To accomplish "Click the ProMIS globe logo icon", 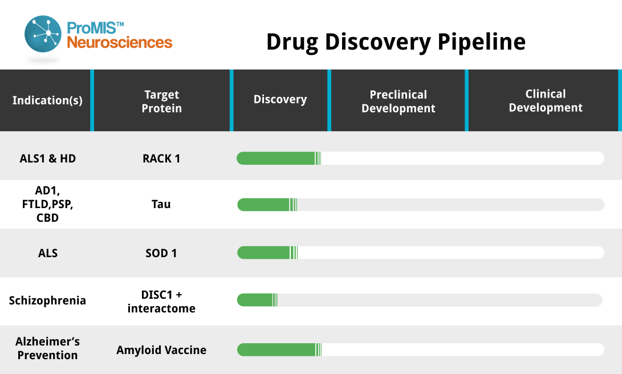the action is (43, 34).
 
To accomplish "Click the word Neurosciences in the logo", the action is (119, 42).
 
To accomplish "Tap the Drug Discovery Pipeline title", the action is (396, 42).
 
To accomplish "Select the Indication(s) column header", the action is (47, 100).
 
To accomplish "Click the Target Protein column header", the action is (162, 101).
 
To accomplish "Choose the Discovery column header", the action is (280, 99).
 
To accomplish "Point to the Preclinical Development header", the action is (399, 101).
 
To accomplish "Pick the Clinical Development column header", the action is (546, 100).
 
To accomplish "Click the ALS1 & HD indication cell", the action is (47, 158).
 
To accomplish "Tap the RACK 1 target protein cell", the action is (161, 158).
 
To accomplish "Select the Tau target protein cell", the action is (161, 204).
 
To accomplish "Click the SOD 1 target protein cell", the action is (161, 253).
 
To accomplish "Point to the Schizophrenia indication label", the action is (47, 300).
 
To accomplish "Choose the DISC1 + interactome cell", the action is (161, 302).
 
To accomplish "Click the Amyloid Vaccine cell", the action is (161, 350).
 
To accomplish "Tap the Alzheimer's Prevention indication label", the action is (47, 348).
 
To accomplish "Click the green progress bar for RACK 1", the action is (279, 158).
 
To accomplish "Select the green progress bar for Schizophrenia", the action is (258, 300).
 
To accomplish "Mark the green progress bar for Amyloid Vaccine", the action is (279, 350).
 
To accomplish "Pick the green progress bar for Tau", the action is (267, 205).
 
